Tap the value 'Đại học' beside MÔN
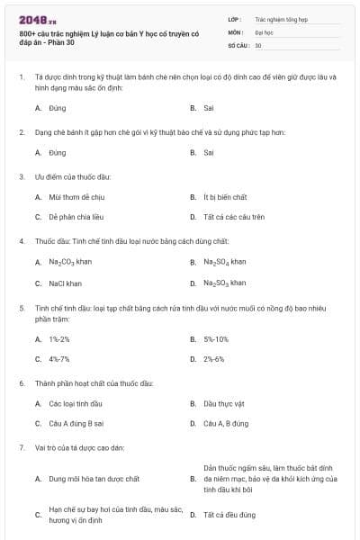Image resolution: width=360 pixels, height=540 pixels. click(x=264, y=31)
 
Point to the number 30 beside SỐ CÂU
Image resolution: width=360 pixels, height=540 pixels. click(x=258, y=45)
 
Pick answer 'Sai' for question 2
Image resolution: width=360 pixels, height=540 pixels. click(x=209, y=152)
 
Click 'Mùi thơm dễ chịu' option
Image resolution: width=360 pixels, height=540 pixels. click(x=77, y=196)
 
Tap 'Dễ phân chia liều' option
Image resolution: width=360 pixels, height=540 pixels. click(x=78, y=217)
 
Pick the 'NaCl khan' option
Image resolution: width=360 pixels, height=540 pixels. click(x=66, y=283)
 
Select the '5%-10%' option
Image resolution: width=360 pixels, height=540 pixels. click(x=216, y=339)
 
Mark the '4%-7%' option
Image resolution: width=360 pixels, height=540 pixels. click(x=59, y=359)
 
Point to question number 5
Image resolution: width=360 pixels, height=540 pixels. click(x=21, y=308)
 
